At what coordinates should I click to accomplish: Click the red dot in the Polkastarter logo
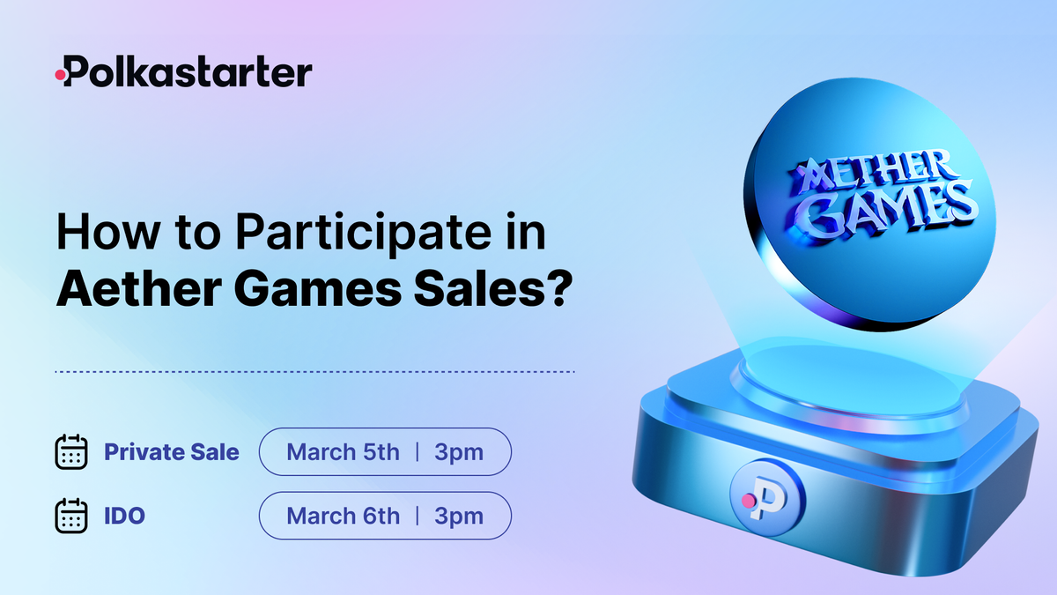[61, 76]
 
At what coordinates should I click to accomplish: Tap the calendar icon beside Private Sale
[70, 452]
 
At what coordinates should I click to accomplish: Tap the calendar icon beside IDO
[70, 516]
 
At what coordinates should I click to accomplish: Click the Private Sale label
[172, 452]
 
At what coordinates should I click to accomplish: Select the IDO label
[124, 516]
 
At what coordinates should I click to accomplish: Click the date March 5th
[343, 452]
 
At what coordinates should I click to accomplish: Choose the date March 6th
[343, 516]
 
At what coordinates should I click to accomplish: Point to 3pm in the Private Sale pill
[459, 452]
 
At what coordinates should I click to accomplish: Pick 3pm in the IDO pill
[459, 516]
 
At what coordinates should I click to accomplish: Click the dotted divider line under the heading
[314, 372]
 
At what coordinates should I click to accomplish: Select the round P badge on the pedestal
[766, 495]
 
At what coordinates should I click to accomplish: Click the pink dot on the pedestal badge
[748, 500]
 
